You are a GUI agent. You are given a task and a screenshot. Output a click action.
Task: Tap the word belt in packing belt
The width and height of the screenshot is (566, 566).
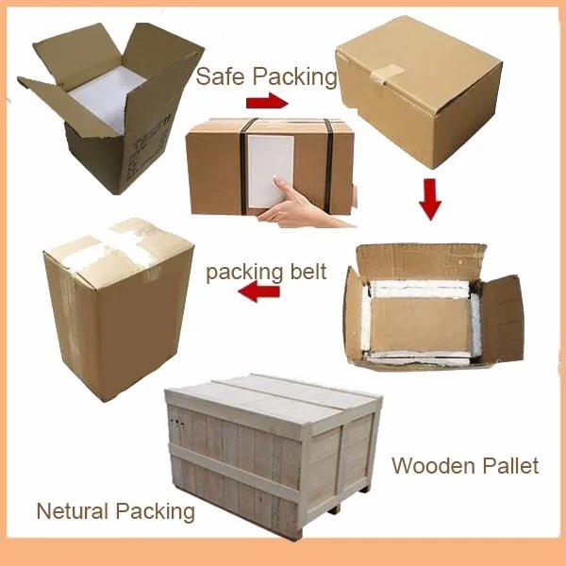tap(304, 274)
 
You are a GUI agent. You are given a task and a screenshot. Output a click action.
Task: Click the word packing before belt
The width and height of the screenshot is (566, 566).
tap(241, 275)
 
